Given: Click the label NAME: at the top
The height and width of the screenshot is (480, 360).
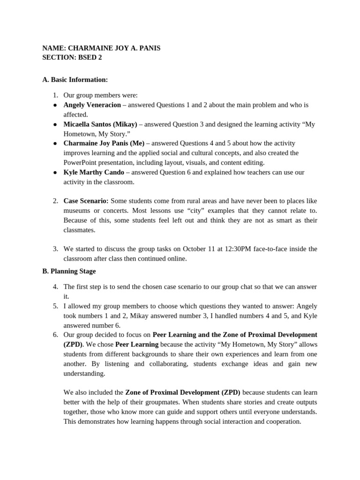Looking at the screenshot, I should pos(54,48).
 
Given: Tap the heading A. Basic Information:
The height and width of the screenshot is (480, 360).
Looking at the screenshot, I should pos(75,80).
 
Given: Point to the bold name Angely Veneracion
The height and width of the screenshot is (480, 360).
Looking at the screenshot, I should pos(92,105).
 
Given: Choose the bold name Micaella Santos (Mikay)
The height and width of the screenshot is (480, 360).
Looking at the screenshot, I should pos(100,124).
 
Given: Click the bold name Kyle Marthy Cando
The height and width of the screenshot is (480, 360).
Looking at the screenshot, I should pos(94,172).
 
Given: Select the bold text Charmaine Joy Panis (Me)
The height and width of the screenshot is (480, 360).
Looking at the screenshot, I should pos(104,143).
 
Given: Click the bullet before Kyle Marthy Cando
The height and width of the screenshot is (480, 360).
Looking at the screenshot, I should pos(55,172).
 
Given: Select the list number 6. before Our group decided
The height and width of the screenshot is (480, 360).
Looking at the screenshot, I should pos(55,335).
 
